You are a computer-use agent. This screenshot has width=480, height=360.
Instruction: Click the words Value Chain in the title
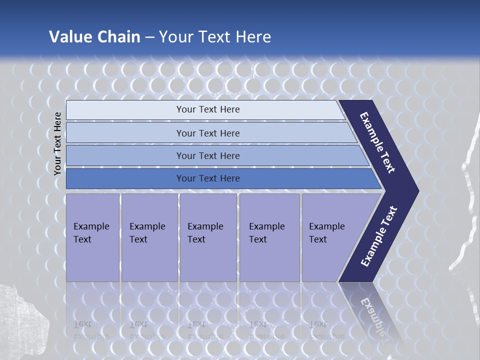pyautogui.click(x=94, y=37)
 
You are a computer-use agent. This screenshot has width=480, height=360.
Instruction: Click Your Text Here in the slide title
pyautogui.click(x=215, y=37)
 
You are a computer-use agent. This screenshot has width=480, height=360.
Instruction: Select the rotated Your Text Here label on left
pyautogui.click(x=57, y=143)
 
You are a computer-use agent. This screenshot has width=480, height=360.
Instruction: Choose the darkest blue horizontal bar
pyautogui.click(x=125, y=178)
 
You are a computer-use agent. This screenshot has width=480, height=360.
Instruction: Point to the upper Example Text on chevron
pyautogui.click(x=377, y=142)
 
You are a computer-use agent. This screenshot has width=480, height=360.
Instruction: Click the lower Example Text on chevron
pyautogui.click(x=378, y=236)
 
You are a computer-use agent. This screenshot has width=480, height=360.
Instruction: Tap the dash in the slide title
pyautogui.click(x=149, y=37)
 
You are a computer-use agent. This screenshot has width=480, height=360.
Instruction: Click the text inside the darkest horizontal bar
pyautogui.click(x=208, y=178)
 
